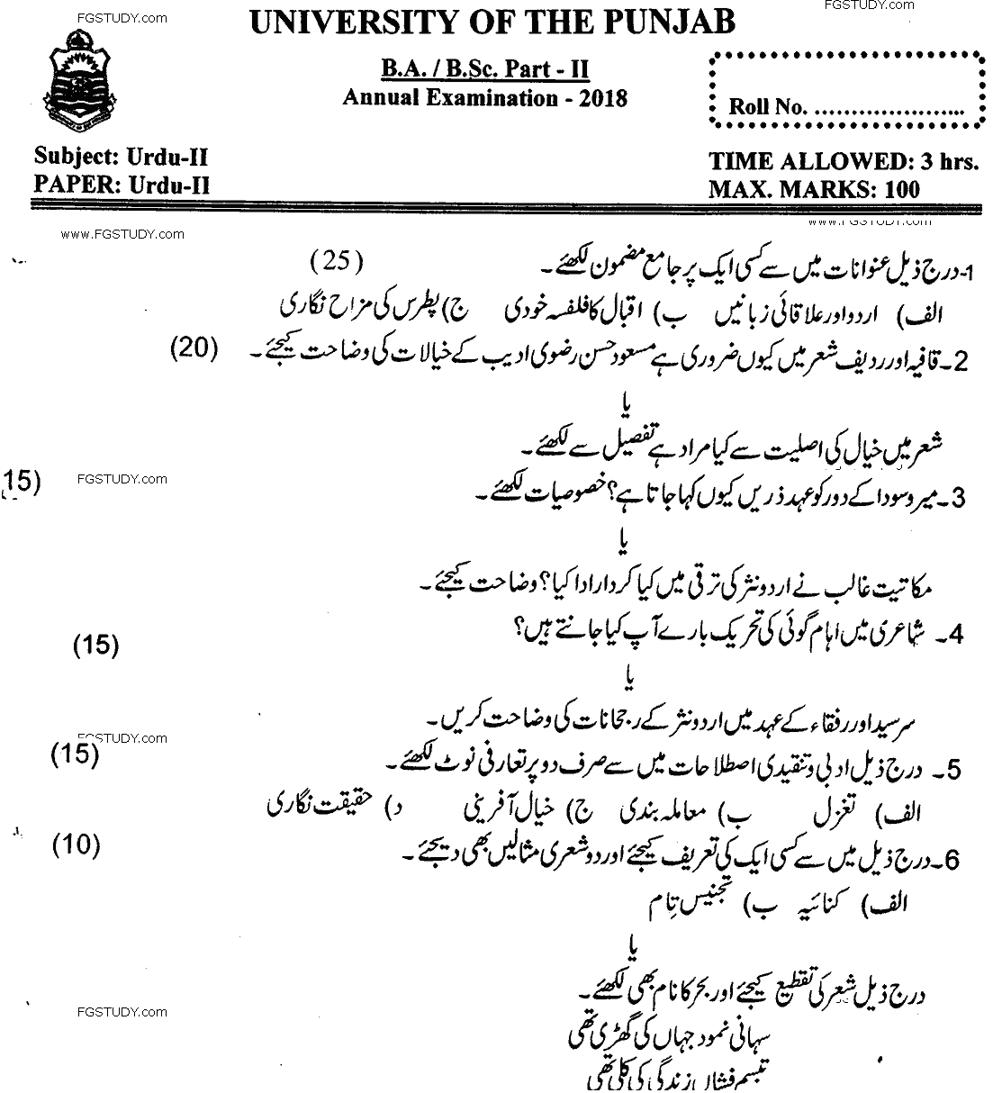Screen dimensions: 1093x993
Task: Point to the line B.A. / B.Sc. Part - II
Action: click(485, 70)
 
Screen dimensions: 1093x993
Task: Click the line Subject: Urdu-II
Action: click(121, 158)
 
